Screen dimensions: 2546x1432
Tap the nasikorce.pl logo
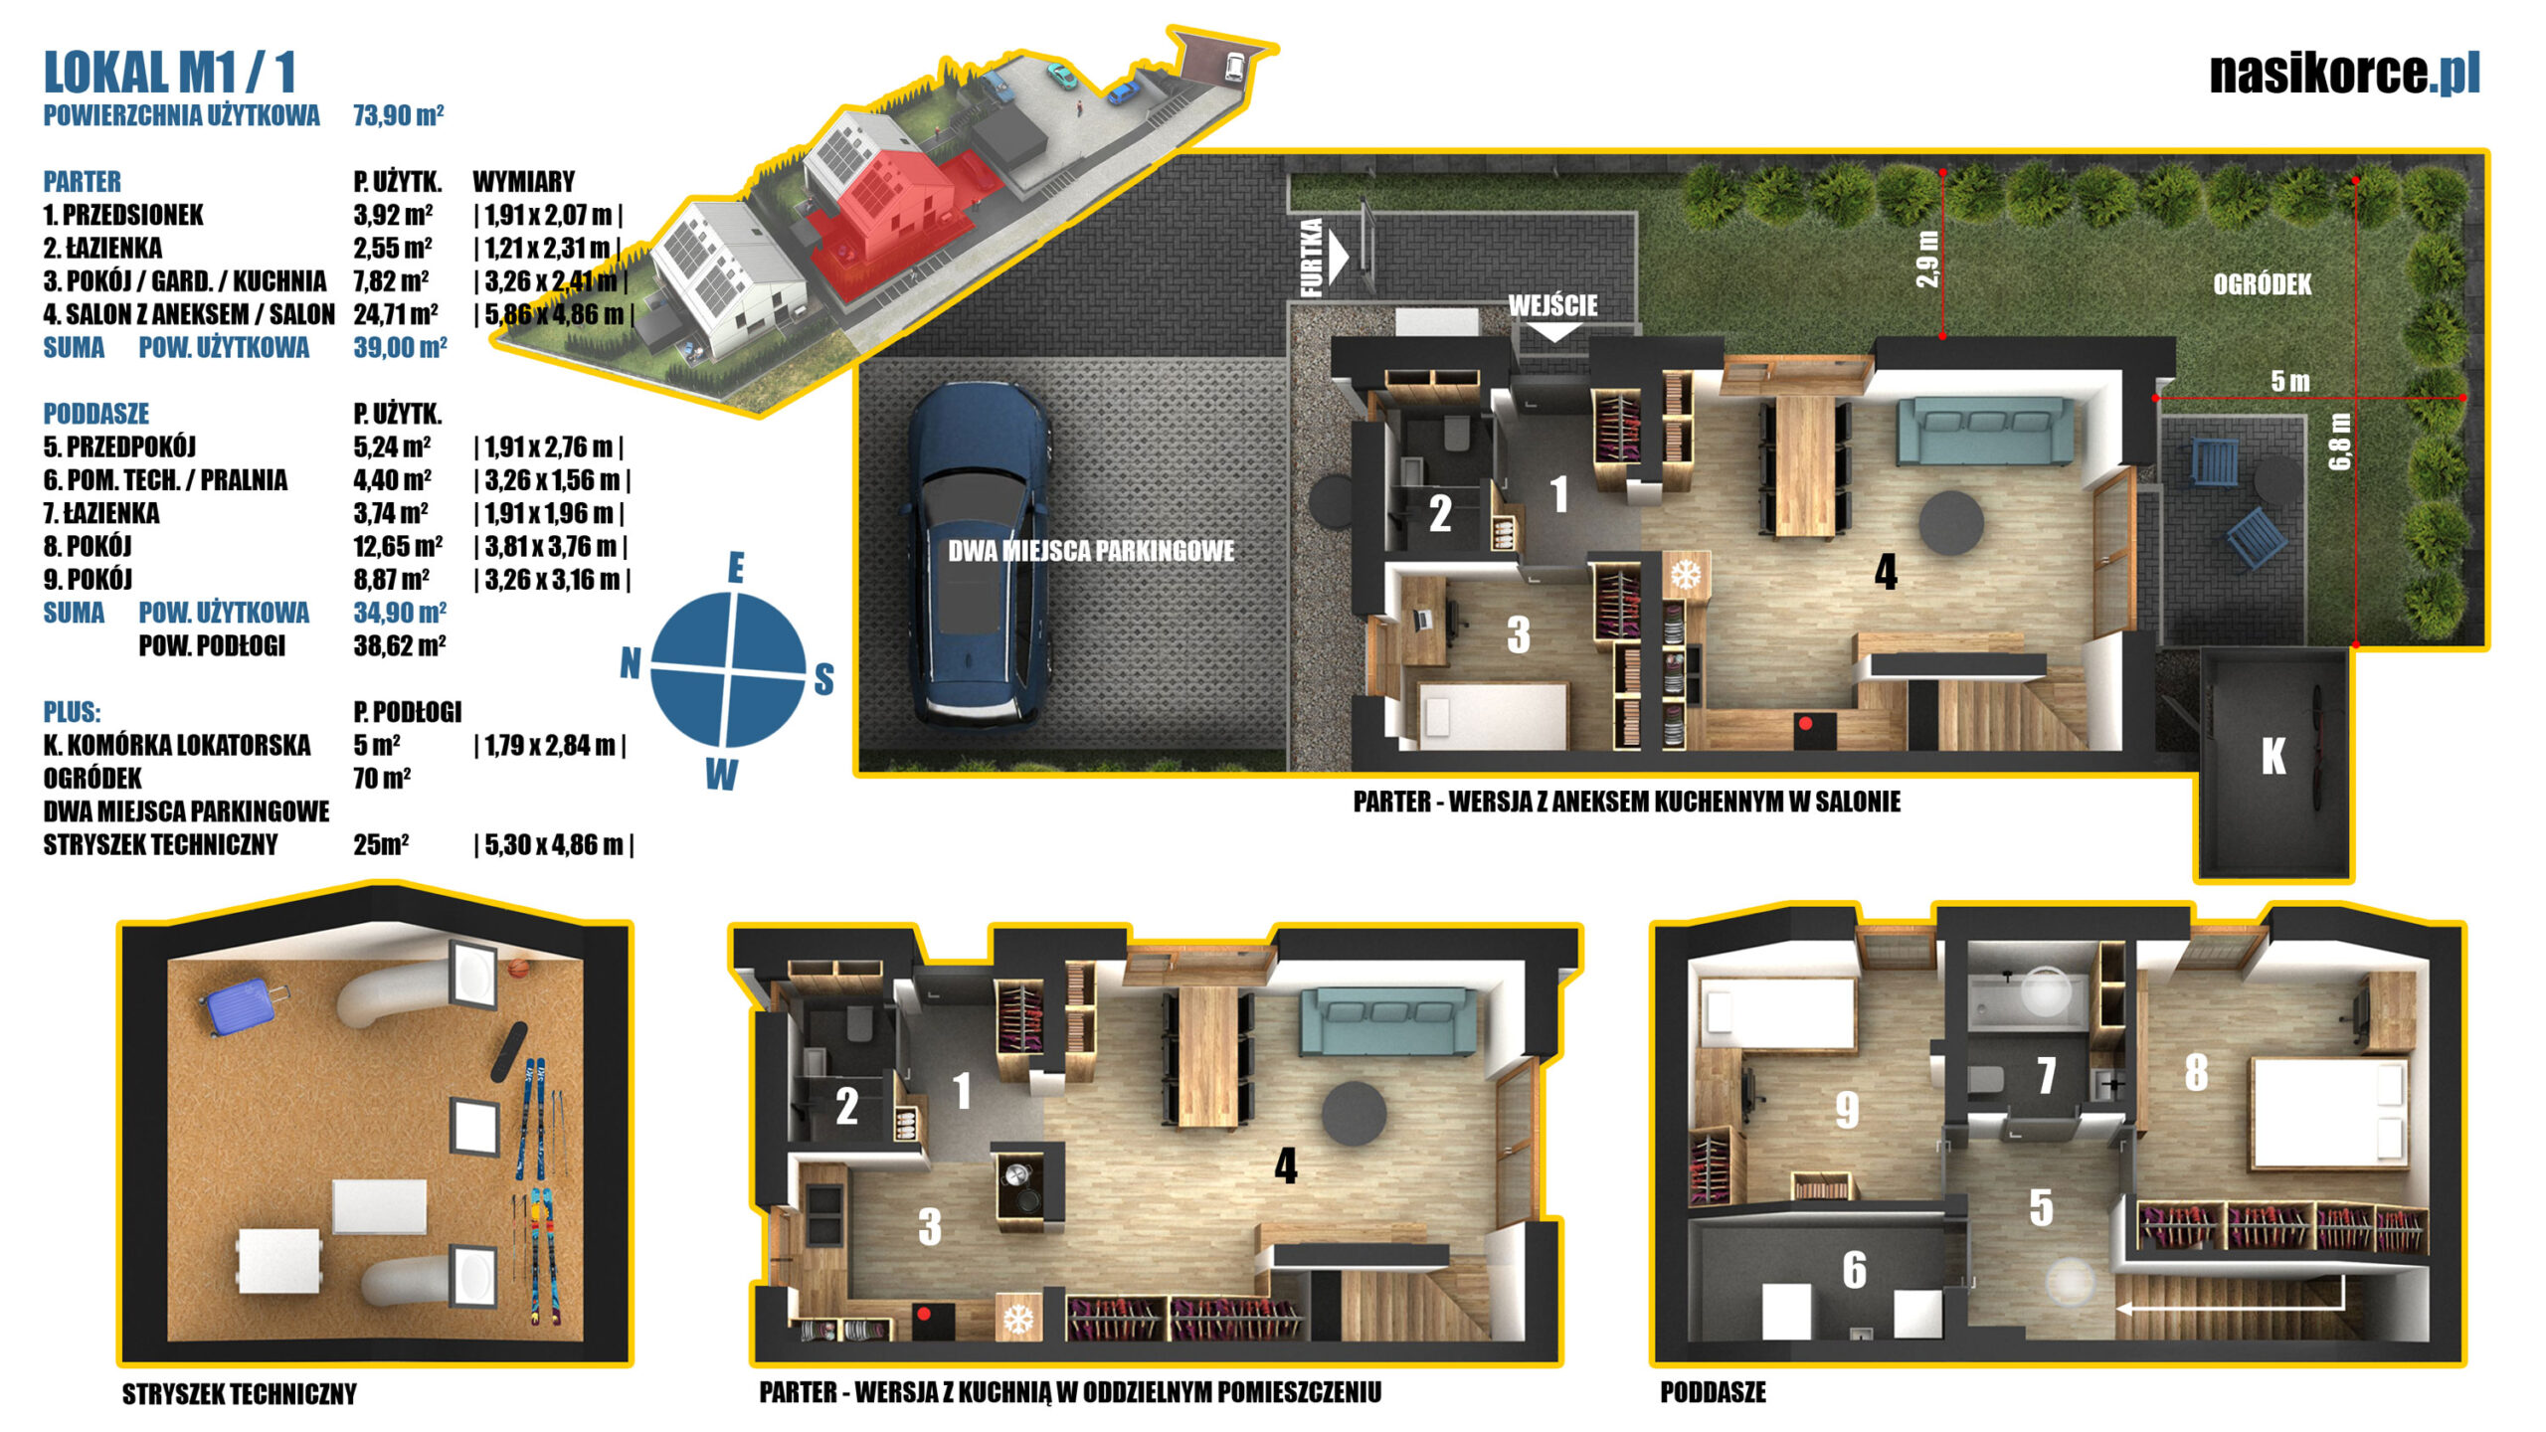(x=2344, y=73)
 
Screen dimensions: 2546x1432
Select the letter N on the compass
(x=630, y=662)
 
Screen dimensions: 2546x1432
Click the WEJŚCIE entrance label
(x=1552, y=305)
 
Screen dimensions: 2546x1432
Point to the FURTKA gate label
(x=1312, y=258)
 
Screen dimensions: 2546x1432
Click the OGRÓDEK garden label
(x=2262, y=285)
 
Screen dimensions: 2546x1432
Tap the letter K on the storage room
(x=2273, y=757)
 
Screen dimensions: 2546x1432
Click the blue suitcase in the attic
(x=243, y=1004)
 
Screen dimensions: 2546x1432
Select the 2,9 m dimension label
(x=1927, y=260)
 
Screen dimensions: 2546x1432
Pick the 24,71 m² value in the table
(x=396, y=314)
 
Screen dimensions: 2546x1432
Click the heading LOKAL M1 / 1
(x=170, y=73)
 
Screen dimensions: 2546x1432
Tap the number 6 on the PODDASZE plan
(x=1854, y=1270)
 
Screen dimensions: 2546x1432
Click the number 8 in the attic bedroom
(x=2197, y=1072)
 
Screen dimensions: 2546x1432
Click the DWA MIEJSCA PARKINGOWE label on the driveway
(x=1091, y=551)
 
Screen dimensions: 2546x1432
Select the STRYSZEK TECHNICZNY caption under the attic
(x=239, y=1394)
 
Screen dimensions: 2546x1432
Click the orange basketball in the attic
(x=517, y=967)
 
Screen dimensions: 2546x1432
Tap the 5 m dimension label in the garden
(x=2290, y=381)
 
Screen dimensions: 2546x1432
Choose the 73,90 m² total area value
(x=398, y=115)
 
